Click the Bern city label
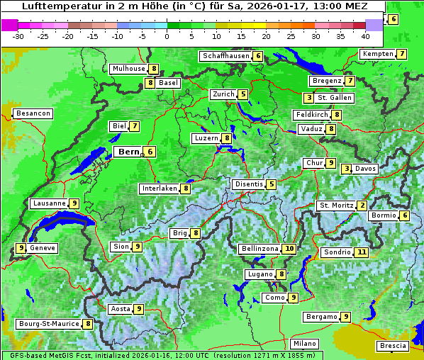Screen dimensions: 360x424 coord(128,152)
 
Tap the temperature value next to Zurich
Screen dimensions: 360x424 coord(243,94)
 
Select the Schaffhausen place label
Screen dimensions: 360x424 coord(225,56)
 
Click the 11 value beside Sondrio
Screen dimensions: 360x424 coord(362,252)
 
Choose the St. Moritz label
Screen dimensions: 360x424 coord(336,206)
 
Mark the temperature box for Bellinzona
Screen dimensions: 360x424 coord(289,249)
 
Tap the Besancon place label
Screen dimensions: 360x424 coord(33,113)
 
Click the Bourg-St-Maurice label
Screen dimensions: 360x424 coord(48,324)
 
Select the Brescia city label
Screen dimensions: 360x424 coord(393,346)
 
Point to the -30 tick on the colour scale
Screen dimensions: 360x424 coord(18,35)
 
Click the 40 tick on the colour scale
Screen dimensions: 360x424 coord(365,35)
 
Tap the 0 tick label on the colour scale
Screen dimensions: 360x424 coord(167,35)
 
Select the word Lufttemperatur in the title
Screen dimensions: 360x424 coord(52,6)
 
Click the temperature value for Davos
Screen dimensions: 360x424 coord(347,169)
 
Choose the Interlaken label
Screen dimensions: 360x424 coord(160,189)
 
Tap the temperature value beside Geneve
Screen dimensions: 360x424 coord(21,248)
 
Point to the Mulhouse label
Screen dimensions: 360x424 coord(128,69)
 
